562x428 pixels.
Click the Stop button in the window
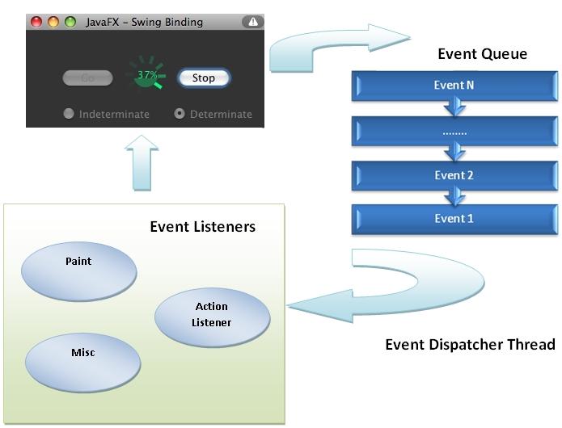(x=204, y=78)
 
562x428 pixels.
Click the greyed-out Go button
(x=87, y=78)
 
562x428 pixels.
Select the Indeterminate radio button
(x=69, y=114)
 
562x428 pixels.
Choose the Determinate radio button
(x=180, y=114)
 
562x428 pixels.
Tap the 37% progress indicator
(x=148, y=75)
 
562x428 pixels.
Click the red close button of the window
(x=36, y=23)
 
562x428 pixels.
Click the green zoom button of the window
(x=70, y=23)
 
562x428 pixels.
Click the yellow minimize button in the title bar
(x=53, y=23)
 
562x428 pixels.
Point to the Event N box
(x=454, y=86)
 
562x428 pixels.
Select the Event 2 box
(x=454, y=175)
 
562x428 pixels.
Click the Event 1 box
(x=454, y=219)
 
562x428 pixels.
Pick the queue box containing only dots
(x=454, y=130)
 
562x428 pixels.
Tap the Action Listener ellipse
(x=212, y=315)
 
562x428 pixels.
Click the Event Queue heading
(x=482, y=54)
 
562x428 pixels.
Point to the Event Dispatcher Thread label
(x=470, y=345)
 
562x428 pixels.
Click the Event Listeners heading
(x=202, y=226)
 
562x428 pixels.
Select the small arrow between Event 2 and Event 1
(x=455, y=197)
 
